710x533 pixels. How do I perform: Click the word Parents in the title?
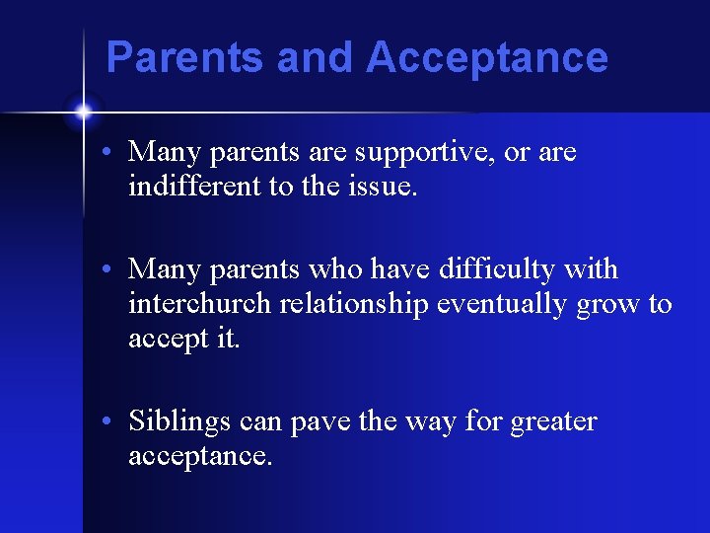point(185,57)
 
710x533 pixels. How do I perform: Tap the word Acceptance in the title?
point(487,57)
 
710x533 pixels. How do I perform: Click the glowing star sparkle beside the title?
point(83,112)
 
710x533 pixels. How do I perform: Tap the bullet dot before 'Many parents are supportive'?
point(114,154)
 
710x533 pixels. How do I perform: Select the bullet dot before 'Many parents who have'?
point(114,270)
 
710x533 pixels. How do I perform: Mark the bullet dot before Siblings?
point(114,422)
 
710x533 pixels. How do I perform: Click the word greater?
point(553,422)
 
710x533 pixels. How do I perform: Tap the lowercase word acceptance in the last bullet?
point(199,457)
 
